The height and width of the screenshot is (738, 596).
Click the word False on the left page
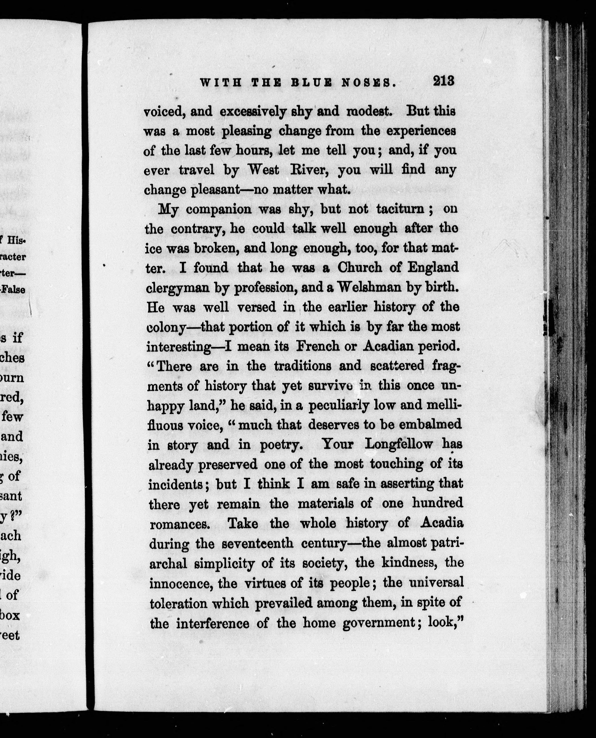point(14,290)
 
